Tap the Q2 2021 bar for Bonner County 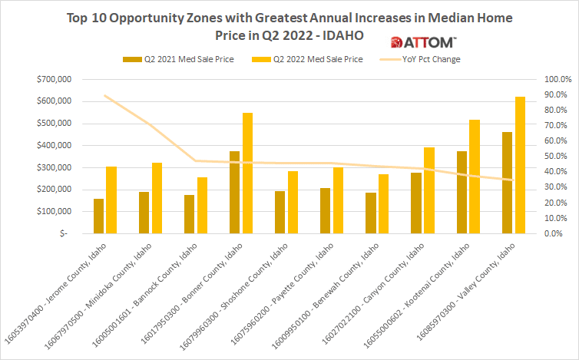pyautogui.click(x=234, y=192)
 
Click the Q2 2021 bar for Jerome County pyautogui.click(x=98, y=216)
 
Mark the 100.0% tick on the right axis pyautogui.click(x=557, y=79)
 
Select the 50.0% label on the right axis pyautogui.click(x=557, y=156)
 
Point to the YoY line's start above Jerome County pyautogui.click(x=105, y=96)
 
